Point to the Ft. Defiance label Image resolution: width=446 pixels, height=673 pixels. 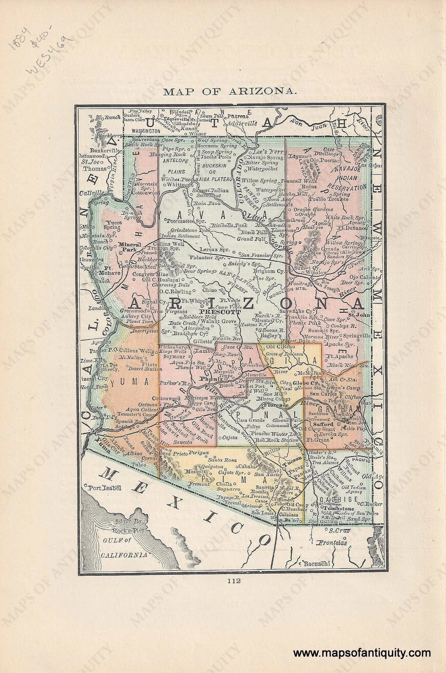[354, 228]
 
